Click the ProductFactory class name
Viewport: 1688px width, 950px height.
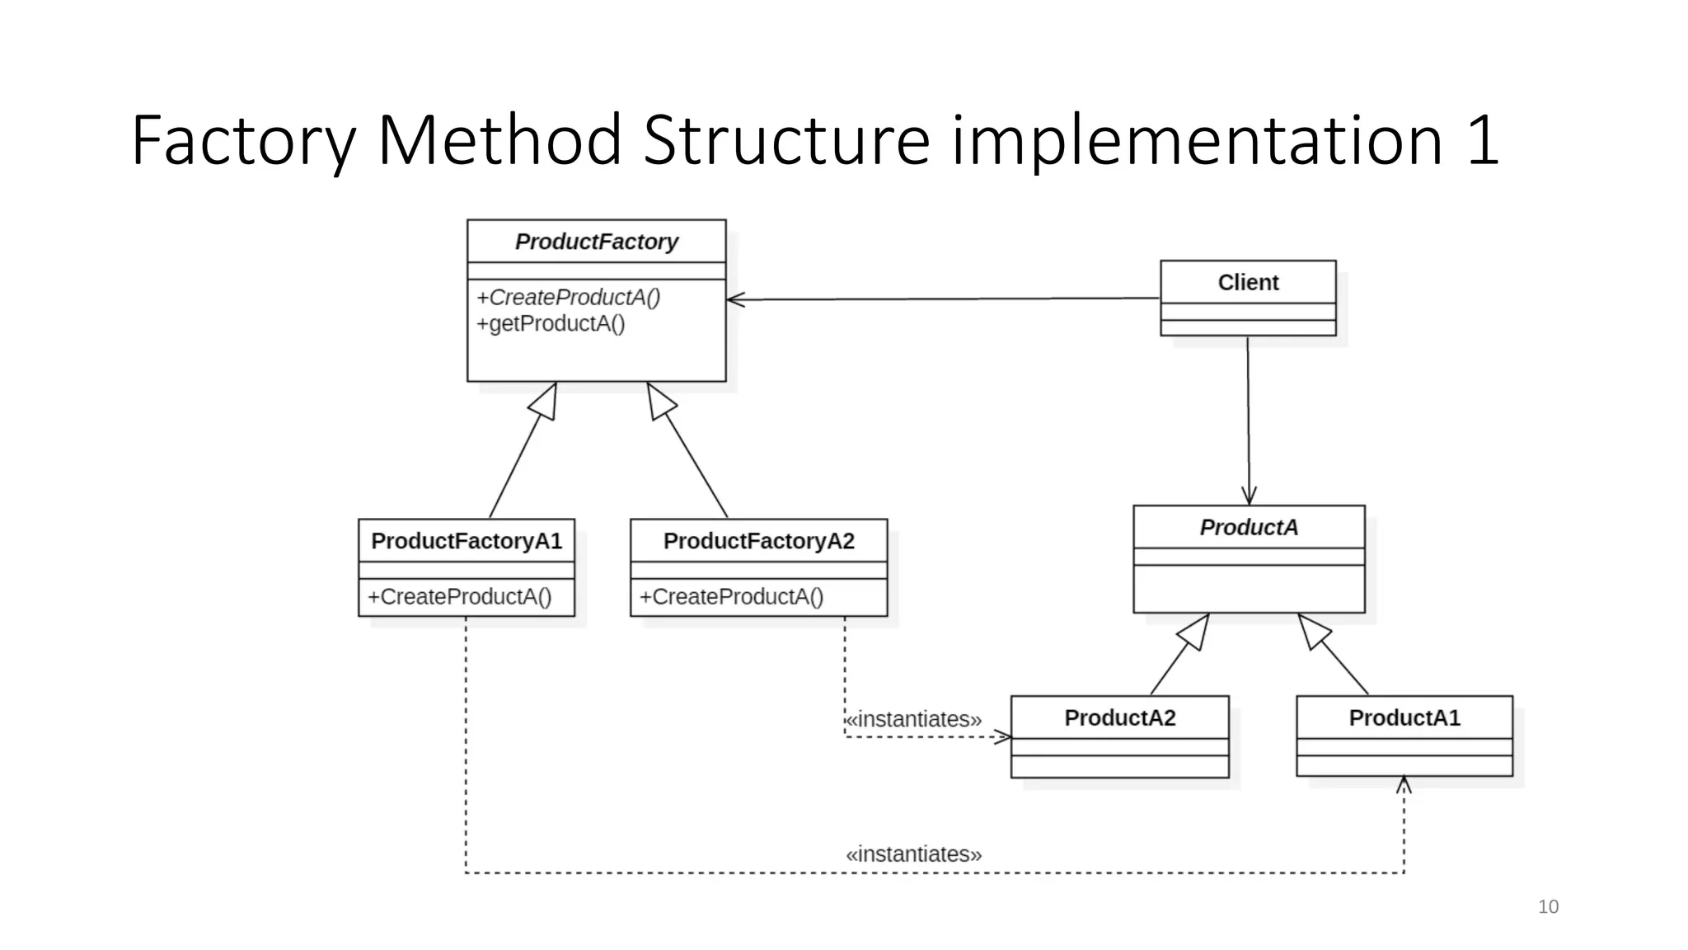596,242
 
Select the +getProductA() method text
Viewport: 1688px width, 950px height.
551,323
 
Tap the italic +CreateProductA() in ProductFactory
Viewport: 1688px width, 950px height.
568,297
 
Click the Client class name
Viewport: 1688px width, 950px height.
1248,282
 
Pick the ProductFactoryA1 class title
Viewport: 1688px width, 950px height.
466,541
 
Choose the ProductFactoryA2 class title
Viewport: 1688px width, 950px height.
758,541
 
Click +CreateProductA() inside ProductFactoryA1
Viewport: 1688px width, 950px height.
459,596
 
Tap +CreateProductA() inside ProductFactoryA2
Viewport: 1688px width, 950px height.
731,596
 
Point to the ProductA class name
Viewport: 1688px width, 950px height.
1249,527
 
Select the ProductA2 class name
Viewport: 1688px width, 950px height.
1119,717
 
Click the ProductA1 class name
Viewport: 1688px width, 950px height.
1404,717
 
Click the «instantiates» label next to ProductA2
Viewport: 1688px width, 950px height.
913,719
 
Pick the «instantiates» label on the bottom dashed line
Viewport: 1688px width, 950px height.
913,854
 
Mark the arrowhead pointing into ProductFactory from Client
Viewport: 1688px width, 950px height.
734,299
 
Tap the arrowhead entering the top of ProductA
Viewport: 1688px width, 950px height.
1249,496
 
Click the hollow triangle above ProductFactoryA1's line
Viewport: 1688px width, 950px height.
545,402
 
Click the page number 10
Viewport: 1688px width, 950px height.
1548,906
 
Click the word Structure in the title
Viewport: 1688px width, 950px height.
786,140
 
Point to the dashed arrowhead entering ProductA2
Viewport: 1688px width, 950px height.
1003,736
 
